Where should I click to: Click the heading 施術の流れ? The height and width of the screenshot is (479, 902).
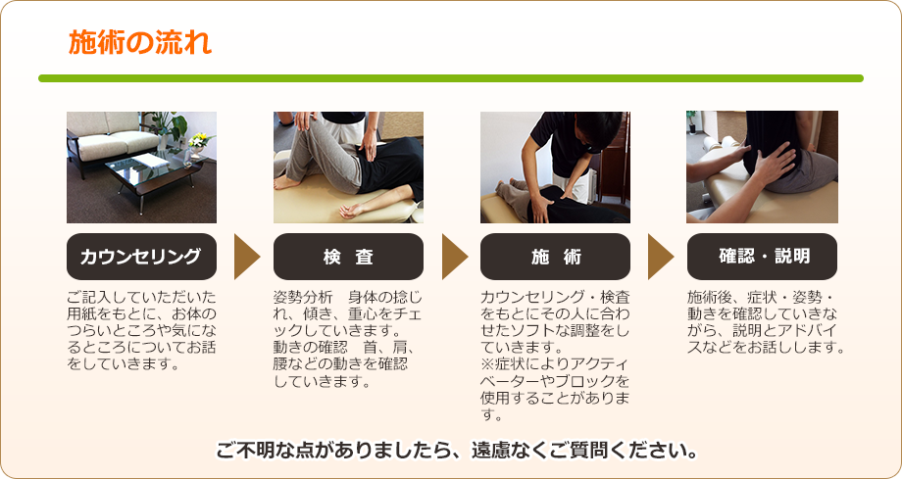139,44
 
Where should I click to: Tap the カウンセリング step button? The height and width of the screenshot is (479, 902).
141,257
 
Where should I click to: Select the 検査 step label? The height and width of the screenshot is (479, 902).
348,257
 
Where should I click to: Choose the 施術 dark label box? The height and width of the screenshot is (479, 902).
555,257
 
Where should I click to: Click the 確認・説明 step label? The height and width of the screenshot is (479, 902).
762,257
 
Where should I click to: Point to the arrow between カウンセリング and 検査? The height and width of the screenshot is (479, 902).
246,257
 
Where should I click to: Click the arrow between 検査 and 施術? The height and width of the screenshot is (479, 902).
454,257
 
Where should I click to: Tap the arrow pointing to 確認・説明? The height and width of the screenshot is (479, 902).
661,257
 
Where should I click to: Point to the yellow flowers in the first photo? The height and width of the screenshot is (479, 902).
199,140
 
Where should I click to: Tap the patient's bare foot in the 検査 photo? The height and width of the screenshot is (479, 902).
286,182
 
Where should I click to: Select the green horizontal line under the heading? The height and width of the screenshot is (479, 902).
450,78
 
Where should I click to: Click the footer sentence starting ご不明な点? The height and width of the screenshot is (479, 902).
457,452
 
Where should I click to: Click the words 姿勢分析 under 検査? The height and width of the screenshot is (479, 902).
304,297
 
